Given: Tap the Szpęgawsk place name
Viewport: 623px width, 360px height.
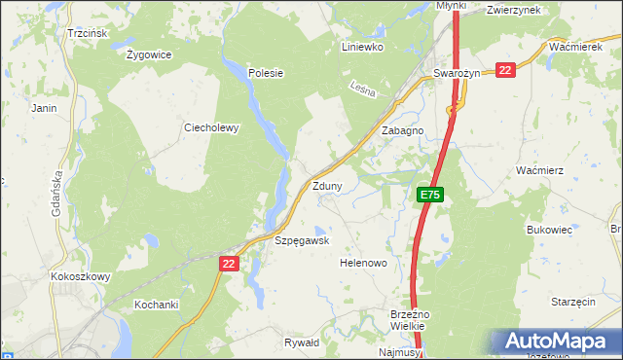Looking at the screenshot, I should (302, 240).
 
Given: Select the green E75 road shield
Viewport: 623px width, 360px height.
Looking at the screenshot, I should (430, 196).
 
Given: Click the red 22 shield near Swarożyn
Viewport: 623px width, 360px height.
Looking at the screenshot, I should (504, 70).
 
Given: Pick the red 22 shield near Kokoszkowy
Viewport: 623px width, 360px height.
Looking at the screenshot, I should (229, 263).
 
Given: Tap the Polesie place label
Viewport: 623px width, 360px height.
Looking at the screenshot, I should (265, 72).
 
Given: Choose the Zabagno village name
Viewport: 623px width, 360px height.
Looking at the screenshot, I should (402, 130).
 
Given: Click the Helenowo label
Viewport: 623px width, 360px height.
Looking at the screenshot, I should (363, 263).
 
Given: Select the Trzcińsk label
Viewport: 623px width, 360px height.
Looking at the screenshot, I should (87, 33).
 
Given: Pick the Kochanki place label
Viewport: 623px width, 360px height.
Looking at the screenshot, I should (157, 305).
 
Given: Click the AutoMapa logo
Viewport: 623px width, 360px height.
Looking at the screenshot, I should (555, 341).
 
